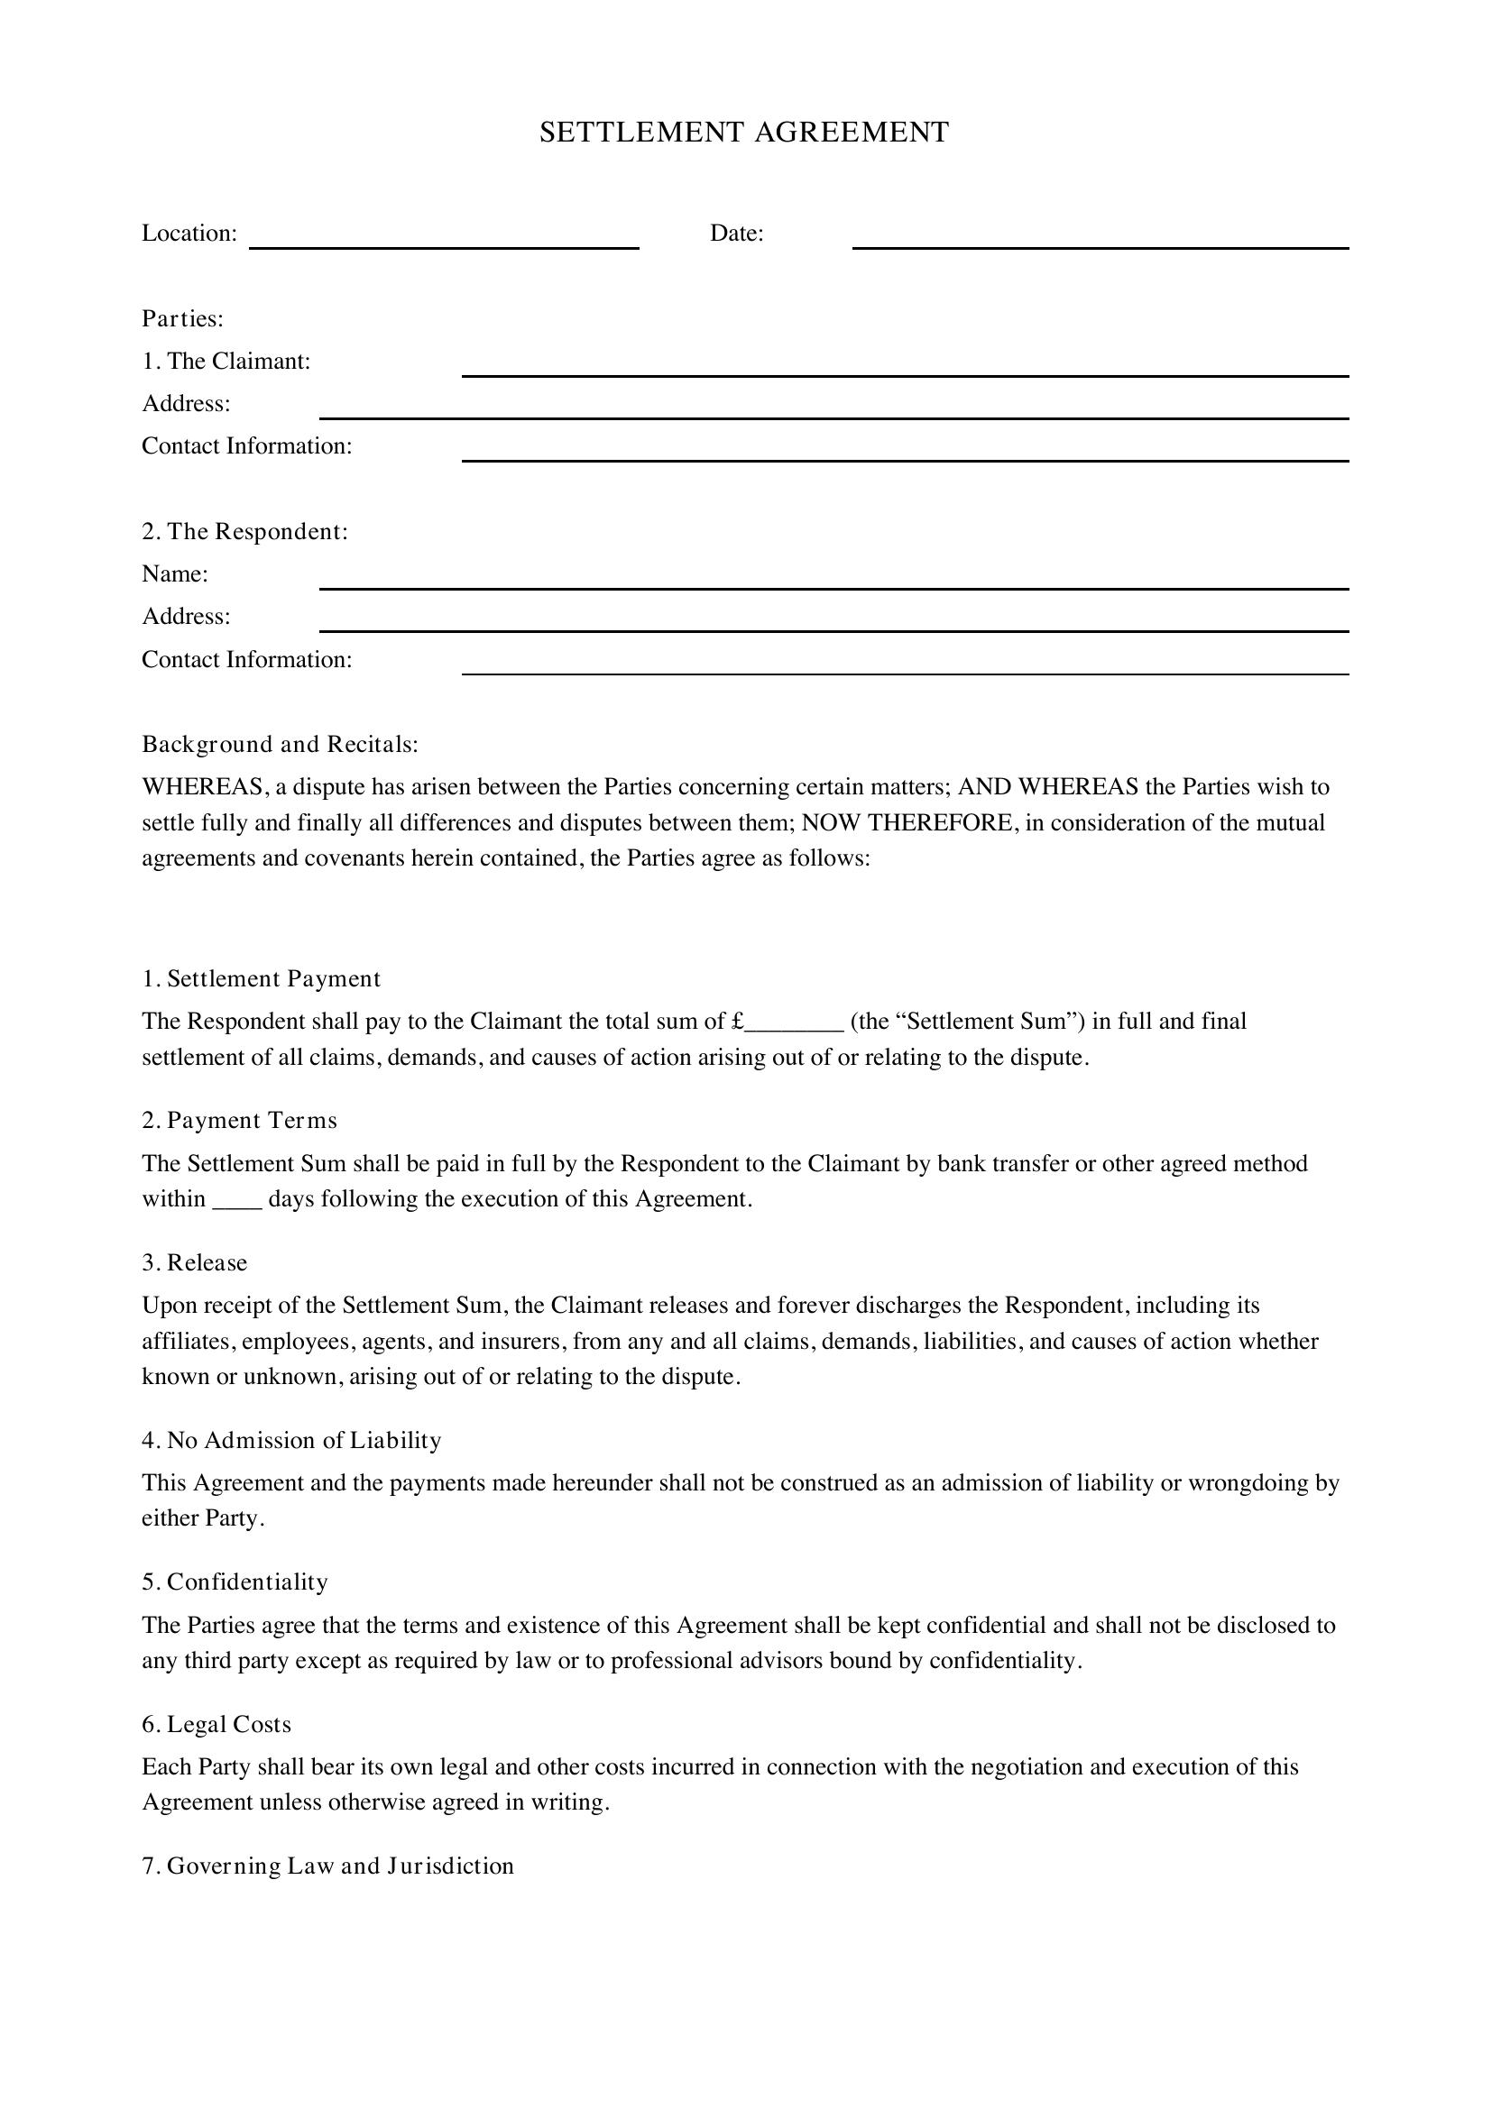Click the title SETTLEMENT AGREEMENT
(744, 133)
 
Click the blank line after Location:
(444, 241)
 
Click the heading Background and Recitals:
(281, 744)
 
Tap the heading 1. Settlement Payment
(261, 979)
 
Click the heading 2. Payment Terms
(240, 1121)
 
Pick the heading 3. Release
(195, 1263)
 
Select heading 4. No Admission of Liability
(291, 1440)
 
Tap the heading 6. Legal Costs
(216, 1724)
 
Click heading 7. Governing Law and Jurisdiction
(328, 1866)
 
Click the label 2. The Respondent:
(245, 532)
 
